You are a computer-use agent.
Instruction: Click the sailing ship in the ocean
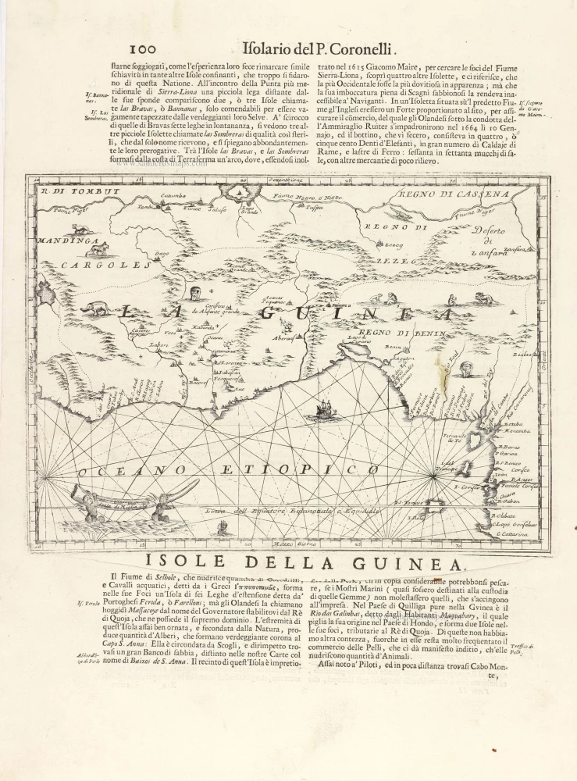pyautogui.click(x=325, y=409)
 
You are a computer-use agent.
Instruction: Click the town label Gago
pyautogui.click(x=162, y=253)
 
